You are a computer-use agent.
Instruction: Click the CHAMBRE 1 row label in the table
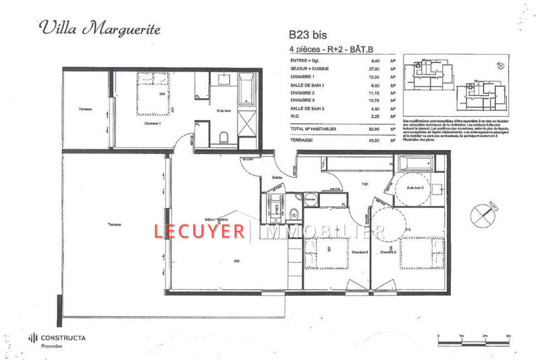coord(304,76)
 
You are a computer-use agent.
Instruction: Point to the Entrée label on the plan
coord(277,178)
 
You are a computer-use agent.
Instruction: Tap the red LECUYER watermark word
coord(200,232)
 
